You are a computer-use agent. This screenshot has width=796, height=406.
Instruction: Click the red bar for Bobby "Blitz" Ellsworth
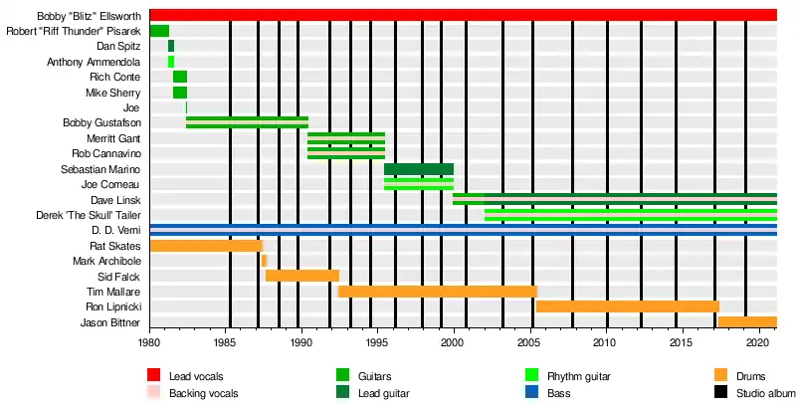tap(463, 15)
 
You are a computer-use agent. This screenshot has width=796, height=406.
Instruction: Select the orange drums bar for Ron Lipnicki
tap(627, 306)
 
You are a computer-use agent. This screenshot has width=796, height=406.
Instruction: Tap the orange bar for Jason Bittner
tap(746, 322)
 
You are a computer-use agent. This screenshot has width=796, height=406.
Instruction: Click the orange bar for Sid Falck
tap(302, 276)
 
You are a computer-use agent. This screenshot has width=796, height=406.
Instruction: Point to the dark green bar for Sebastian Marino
tap(419, 169)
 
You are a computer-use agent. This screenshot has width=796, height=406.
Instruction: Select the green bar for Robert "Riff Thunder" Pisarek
tap(159, 31)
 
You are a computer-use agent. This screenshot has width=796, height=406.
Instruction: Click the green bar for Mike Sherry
tap(180, 93)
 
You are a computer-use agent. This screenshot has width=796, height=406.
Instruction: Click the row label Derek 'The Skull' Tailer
tap(89, 215)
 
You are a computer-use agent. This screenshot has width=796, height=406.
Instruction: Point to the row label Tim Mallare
tap(114, 292)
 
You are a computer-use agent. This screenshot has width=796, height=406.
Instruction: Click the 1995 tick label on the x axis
tap(377, 343)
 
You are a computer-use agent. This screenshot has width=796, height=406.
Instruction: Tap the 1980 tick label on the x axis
tap(149, 343)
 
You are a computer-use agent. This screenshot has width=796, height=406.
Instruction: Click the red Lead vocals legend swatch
tap(154, 376)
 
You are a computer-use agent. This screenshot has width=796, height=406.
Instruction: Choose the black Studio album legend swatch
tap(722, 393)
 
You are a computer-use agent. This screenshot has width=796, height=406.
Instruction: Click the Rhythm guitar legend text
tap(579, 376)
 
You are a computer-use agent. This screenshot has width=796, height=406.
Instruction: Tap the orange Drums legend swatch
tap(722, 376)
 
